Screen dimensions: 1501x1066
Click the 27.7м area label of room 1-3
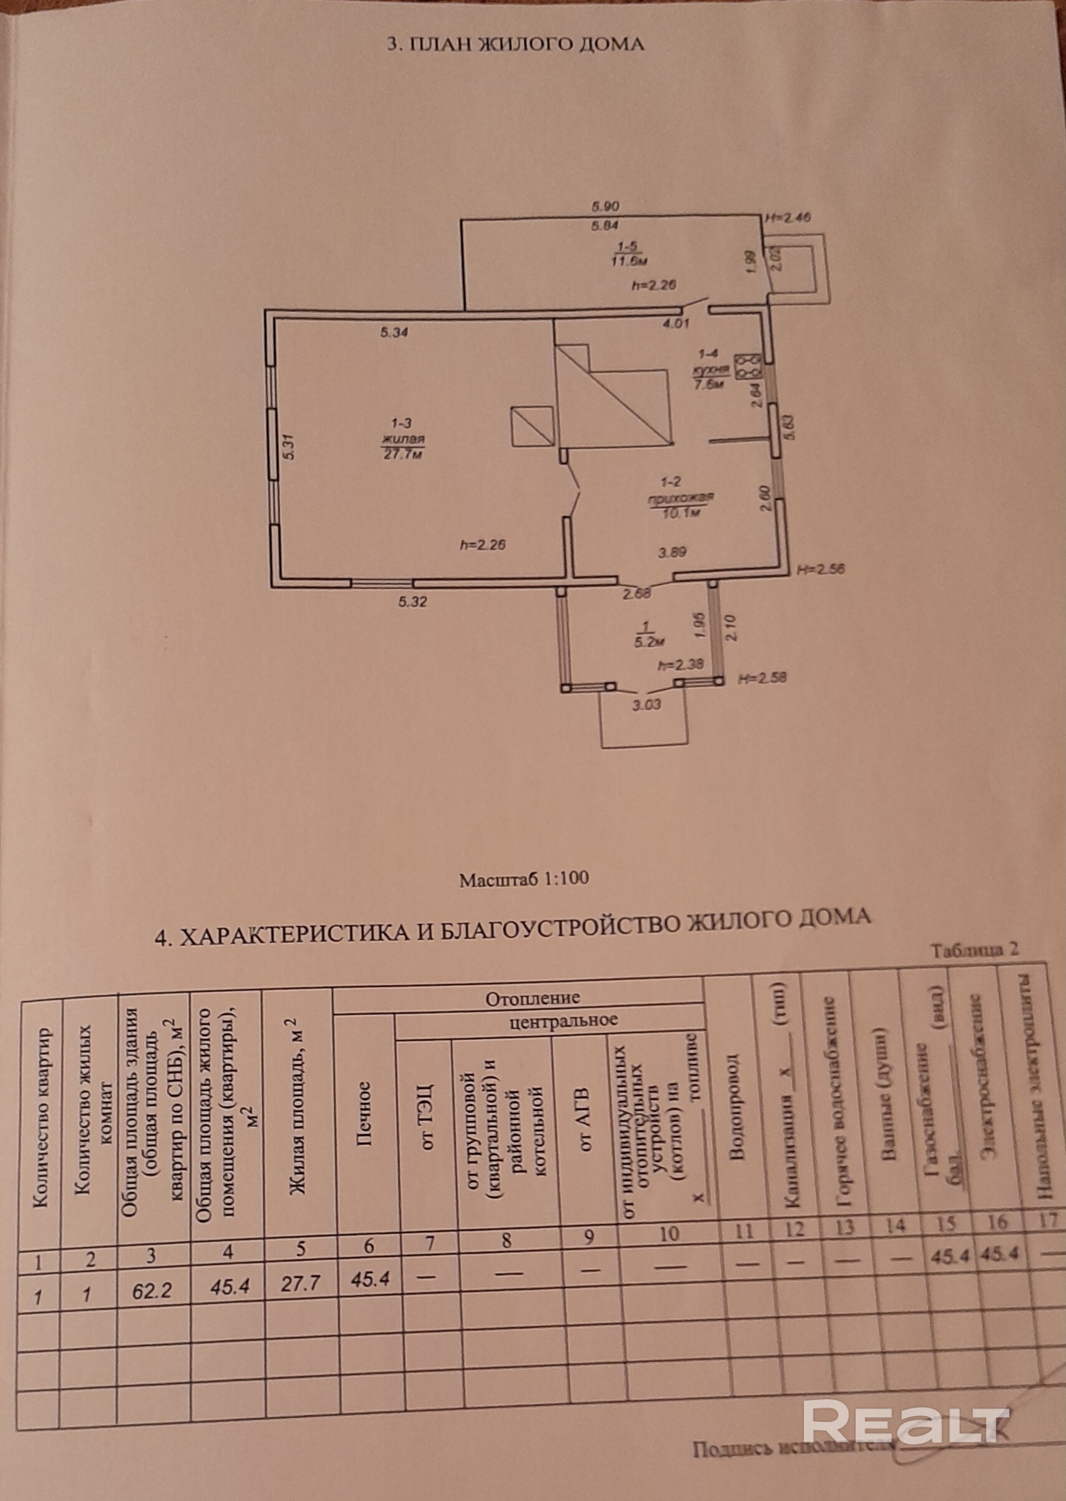[x=402, y=455]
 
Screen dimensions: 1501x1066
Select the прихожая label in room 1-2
[x=681, y=499]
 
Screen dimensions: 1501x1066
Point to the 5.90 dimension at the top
[x=605, y=206]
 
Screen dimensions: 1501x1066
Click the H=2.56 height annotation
[x=820, y=569]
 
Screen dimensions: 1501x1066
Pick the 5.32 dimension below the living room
[x=412, y=601]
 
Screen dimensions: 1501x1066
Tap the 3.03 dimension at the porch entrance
[x=646, y=706]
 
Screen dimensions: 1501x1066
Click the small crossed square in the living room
[x=532, y=426]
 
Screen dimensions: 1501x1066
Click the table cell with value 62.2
[x=152, y=1291]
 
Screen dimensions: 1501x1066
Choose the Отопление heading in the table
[x=533, y=998]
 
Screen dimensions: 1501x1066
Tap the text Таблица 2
[x=975, y=950]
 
